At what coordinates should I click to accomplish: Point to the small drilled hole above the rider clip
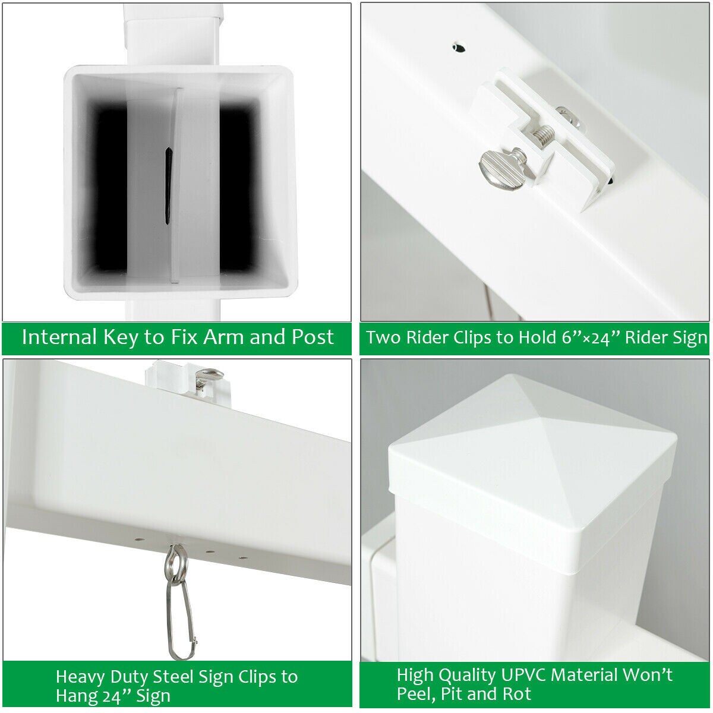459,48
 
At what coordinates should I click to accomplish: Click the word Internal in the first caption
60,337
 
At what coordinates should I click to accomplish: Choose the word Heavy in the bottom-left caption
80,677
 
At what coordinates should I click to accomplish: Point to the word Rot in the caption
517,694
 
